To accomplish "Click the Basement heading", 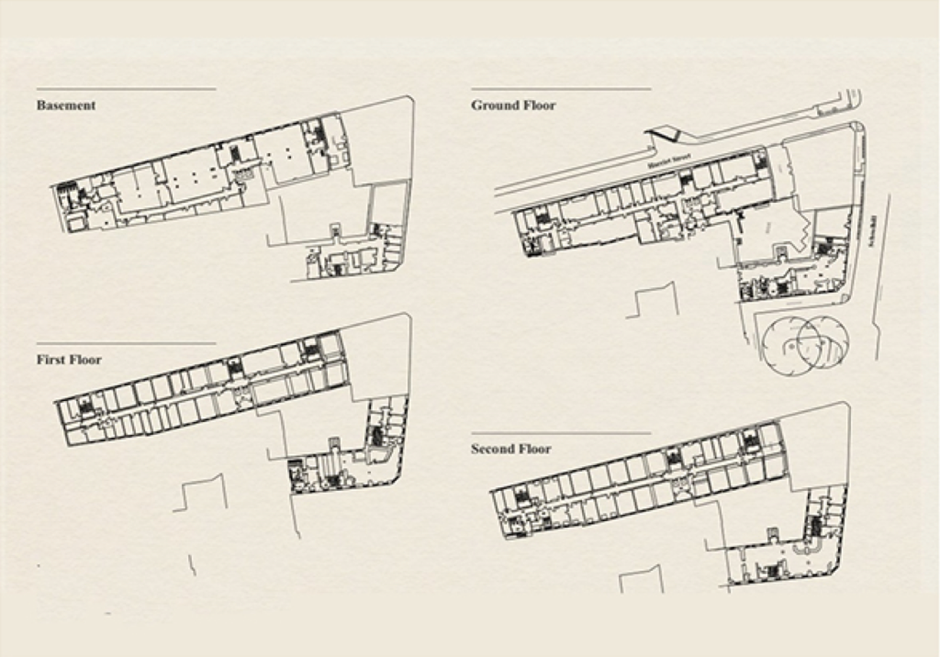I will pyautogui.click(x=66, y=106).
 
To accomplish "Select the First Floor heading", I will pyautogui.click(x=69, y=360).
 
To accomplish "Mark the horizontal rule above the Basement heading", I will pyautogui.click(x=126, y=89).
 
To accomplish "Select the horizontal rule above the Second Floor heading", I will pyautogui.click(x=560, y=433).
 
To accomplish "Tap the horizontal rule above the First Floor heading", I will pyautogui.click(x=126, y=343).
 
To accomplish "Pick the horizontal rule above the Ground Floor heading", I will pyautogui.click(x=560, y=89).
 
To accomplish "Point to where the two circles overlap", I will pyautogui.click(x=809, y=340).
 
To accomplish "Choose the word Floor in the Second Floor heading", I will pyautogui.click(x=538, y=450).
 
